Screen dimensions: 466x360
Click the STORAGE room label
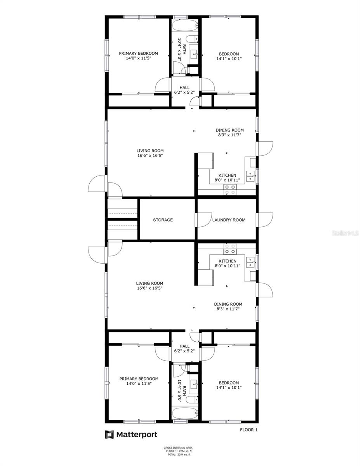coord(163,220)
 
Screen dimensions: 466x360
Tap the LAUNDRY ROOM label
coord(229,220)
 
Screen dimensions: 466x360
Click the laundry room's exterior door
coord(265,220)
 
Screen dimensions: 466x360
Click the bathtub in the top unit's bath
coord(185,26)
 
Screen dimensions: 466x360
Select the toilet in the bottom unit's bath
coord(192,399)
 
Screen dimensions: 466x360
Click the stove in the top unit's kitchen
coord(230,189)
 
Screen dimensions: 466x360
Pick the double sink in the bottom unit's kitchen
coord(250,263)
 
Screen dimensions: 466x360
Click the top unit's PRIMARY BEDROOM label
coord(138,54)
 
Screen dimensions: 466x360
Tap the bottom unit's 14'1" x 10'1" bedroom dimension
coord(229,388)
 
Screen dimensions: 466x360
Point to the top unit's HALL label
coord(184,88)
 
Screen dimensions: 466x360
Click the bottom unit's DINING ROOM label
coord(228,304)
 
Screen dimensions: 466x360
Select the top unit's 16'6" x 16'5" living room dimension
coord(150,156)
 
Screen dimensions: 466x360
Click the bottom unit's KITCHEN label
coord(227,261)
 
